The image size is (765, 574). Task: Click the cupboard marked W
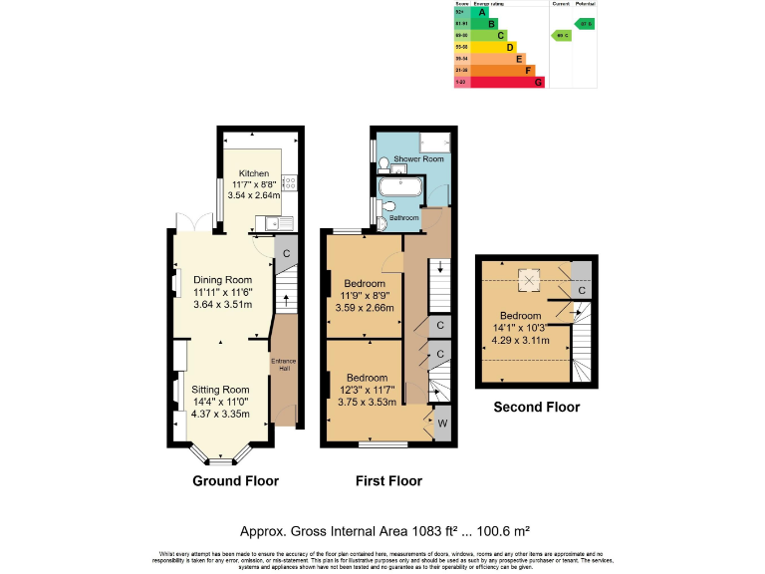(442, 423)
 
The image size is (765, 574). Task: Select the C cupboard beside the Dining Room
(286, 252)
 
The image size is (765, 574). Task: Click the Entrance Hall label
(284, 364)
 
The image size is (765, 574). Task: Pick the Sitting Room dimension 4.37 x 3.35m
(221, 414)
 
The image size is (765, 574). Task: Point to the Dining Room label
(222, 280)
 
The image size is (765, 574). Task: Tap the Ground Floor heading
(235, 481)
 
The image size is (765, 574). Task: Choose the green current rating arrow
(562, 35)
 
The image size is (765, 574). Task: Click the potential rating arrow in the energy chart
(585, 23)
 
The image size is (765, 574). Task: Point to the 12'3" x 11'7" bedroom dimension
(368, 390)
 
